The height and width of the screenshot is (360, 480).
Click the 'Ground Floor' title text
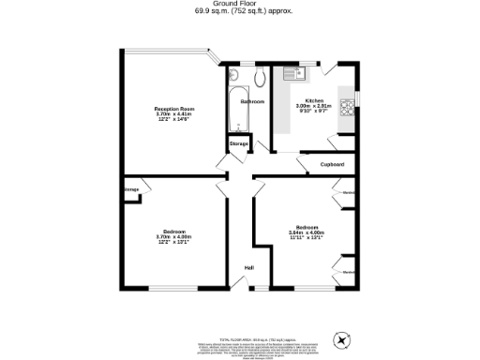pos(240,5)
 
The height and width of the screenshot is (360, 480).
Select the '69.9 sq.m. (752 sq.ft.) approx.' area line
pos(240,13)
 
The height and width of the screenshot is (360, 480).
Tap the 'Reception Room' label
pos(174,110)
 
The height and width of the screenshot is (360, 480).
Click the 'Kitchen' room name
pos(314,100)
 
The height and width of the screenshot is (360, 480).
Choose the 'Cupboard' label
pos(333,164)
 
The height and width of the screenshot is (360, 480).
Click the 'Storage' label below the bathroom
pos(238,143)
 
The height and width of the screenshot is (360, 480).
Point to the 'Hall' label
pos(249,268)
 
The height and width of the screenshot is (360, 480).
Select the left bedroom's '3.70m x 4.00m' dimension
pos(174,237)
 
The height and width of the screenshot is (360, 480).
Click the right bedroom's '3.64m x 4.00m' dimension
pos(308,232)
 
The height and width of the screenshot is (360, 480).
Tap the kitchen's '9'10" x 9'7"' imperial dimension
pos(314,112)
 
